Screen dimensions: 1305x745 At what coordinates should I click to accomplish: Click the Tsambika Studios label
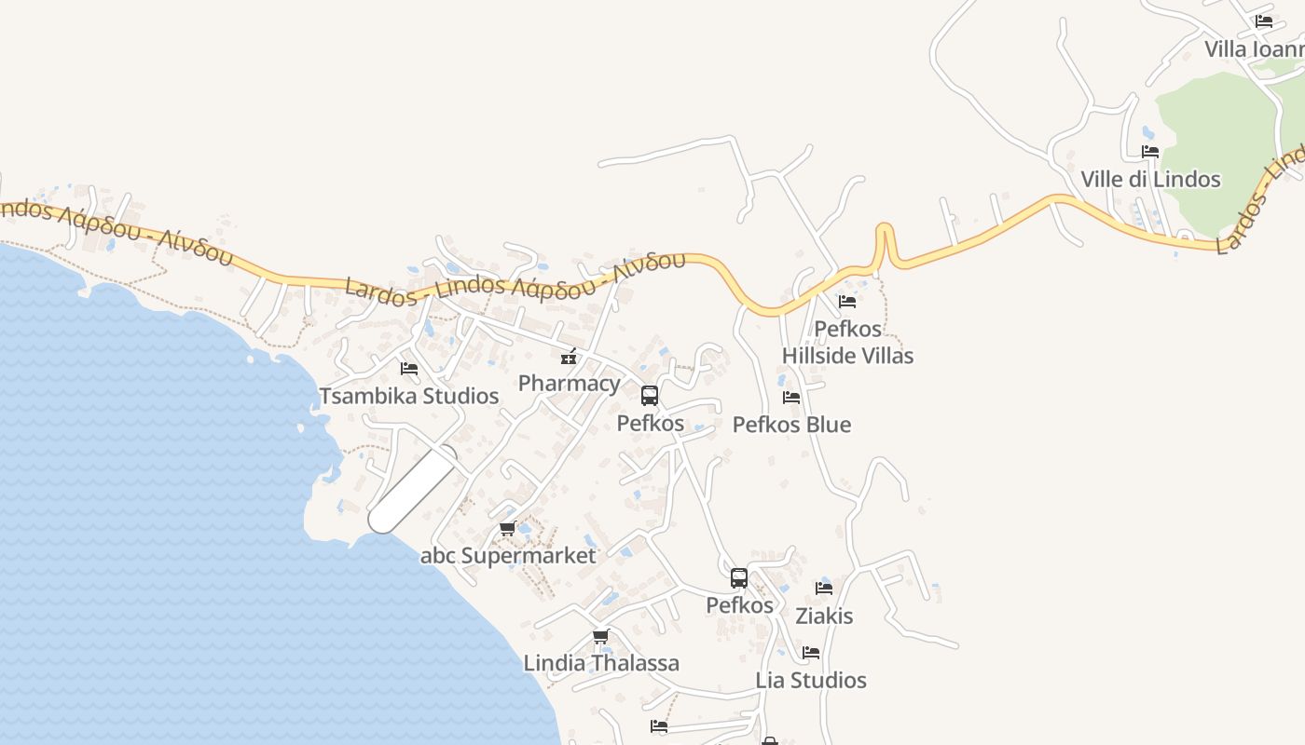pyautogui.click(x=409, y=396)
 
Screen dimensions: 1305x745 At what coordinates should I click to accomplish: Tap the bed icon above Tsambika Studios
pyautogui.click(x=409, y=369)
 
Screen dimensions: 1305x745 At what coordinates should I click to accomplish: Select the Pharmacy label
pyautogui.click(x=569, y=383)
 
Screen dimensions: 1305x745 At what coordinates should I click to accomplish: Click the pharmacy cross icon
pyautogui.click(x=569, y=357)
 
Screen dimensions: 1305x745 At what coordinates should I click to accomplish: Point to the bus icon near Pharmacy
pyautogui.click(x=650, y=396)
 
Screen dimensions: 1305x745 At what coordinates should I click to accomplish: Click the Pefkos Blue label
pyautogui.click(x=791, y=425)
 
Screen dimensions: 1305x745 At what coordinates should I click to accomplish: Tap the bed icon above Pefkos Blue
pyautogui.click(x=791, y=398)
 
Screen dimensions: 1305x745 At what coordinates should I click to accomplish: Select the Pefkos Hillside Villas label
pyautogui.click(x=847, y=342)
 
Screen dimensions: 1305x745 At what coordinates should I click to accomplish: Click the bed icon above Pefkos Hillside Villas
pyautogui.click(x=847, y=302)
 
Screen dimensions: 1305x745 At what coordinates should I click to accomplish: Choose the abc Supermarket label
pyautogui.click(x=508, y=556)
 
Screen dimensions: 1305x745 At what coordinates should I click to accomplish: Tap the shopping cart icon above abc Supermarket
pyautogui.click(x=508, y=529)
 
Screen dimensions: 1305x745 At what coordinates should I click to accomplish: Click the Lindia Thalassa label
pyautogui.click(x=601, y=663)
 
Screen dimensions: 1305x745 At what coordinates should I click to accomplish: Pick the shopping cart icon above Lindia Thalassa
pyautogui.click(x=601, y=637)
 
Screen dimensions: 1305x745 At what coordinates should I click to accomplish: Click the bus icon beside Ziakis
pyautogui.click(x=739, y=578)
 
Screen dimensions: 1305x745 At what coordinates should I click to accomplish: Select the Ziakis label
pyautogui.click(x=824, y=616)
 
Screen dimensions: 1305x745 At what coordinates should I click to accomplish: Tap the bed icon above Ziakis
pyautogui.click(x=824, y=589)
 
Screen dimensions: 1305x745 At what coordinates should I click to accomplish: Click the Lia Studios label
pyautogui.click(x=811, y=680)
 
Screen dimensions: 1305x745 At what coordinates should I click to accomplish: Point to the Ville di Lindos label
pyautogui.click(x=1150, y=179)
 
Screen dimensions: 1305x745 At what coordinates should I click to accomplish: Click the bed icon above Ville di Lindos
pyautogui.click(x=1150, y=152)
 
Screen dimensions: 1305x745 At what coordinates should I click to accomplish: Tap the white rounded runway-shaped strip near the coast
pyautogui.click(x=413, y=489)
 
